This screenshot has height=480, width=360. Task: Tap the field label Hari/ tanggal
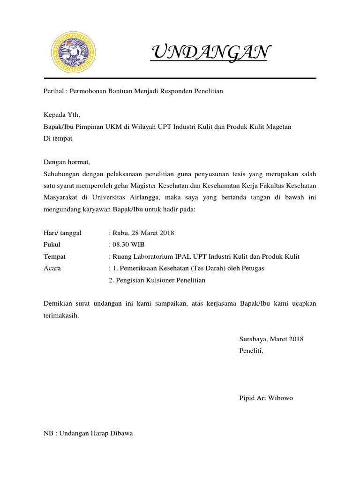[62, 233]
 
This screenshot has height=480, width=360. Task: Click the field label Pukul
[52, 245]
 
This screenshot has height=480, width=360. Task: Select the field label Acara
[52, 268]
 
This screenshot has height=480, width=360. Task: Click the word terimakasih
[61, 315]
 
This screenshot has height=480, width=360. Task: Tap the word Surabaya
[253, 339]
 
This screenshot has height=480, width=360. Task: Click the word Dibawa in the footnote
[121, 433]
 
